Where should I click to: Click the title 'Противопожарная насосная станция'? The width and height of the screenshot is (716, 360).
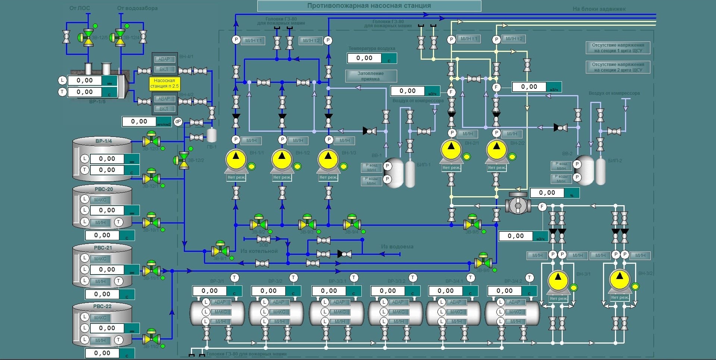[x=369, y=6]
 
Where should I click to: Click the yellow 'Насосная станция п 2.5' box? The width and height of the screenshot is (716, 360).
[x=164, y=83]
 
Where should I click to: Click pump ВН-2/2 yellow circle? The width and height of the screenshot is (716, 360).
[x=496, y=149]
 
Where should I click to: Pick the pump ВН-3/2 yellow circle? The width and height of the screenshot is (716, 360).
[x=619, y=279]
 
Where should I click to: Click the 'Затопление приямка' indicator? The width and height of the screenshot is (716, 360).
[x=371, y=76]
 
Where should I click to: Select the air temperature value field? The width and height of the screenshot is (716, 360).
[x=364, y=58]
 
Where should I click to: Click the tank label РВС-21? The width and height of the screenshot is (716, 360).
[x=103, y=248]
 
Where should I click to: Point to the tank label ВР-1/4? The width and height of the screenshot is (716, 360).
[x=103, y=141]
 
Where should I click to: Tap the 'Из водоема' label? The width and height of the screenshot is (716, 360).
[x=397, y=247]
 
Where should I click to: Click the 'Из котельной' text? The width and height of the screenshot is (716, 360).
[x=259, y=251]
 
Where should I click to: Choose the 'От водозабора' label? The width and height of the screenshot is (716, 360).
[x=137, y=8]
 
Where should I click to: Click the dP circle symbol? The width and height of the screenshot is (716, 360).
[x=178, y=122]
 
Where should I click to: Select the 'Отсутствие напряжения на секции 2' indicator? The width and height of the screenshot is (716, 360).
[x=618, y=67]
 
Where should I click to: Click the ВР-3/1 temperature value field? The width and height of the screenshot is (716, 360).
[x=210, y=291]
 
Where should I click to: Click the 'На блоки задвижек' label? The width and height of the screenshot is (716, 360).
[x=599, y=9]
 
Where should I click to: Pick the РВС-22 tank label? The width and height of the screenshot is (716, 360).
[x=102, y=306]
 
